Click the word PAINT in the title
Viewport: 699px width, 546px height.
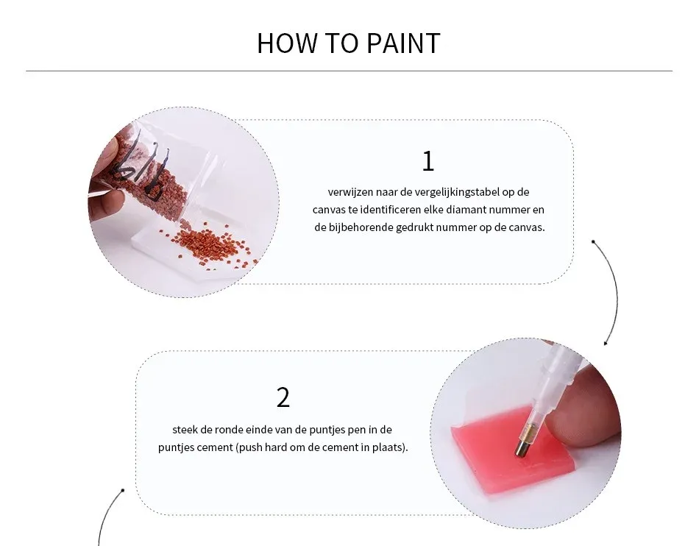point(403,43)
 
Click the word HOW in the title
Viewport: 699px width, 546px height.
point(286,43)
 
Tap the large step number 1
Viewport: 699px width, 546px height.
point(428,161)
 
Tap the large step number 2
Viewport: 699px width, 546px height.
point(283,397)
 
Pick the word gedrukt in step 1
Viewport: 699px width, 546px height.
point(414,227)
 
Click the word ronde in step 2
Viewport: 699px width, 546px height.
point(227,430)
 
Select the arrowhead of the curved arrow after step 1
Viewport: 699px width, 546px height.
point(606,343)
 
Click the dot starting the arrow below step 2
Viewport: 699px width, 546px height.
point(123,491)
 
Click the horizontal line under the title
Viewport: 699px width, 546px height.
point(349,71)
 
